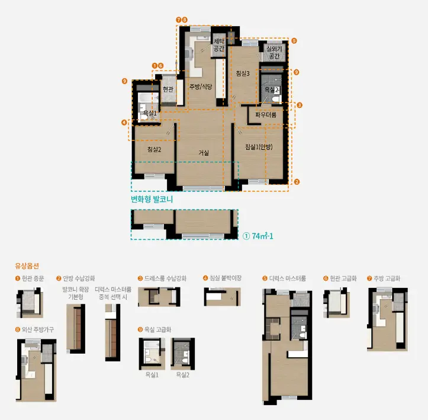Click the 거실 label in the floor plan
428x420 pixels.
click(x=204, y=153)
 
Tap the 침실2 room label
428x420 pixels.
click(x=155, y=149)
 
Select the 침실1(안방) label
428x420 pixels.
click(x=259, y=147)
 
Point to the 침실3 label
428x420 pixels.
click(x=243, y=73)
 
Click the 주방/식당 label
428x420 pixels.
click(x=201, y=86)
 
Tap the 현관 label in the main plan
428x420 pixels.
click(x=168, y=89)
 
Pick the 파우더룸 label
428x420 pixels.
click(x=266, y=115)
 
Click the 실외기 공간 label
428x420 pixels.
click(x=274, y=53)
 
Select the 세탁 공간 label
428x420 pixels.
click(x=218, y=45)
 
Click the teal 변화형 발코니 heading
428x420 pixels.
click(x=152, y=200)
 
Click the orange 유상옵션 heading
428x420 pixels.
click(x=27, y=266)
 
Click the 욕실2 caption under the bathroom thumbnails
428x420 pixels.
click(x=182, y=375)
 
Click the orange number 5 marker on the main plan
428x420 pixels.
click(x=294, y=41)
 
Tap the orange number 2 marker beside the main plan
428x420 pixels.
click(x=297, y=182)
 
